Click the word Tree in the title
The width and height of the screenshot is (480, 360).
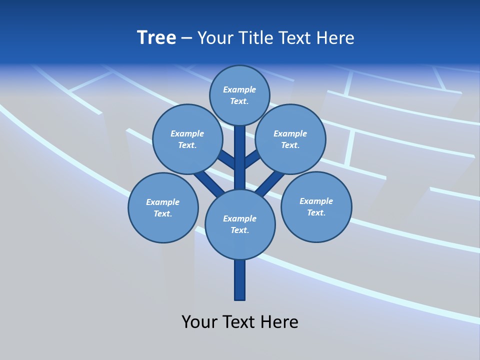point(156,37)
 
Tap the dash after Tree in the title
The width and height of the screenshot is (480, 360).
point(186,38)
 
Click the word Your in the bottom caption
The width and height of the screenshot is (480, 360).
point(199,321)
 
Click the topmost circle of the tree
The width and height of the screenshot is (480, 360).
point(239,95)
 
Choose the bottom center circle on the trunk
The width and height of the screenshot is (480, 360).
point(240,224)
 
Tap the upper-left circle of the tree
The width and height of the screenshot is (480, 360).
point(187,139)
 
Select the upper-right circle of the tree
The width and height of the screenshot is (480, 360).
point(290,139)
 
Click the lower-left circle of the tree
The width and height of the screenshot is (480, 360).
point(163,207)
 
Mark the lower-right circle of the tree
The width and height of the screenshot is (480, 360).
point(316,206)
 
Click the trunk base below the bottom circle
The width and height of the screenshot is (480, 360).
point(240,280)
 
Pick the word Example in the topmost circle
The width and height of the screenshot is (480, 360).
point(239,89)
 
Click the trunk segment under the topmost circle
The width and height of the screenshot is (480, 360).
point(240,150)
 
